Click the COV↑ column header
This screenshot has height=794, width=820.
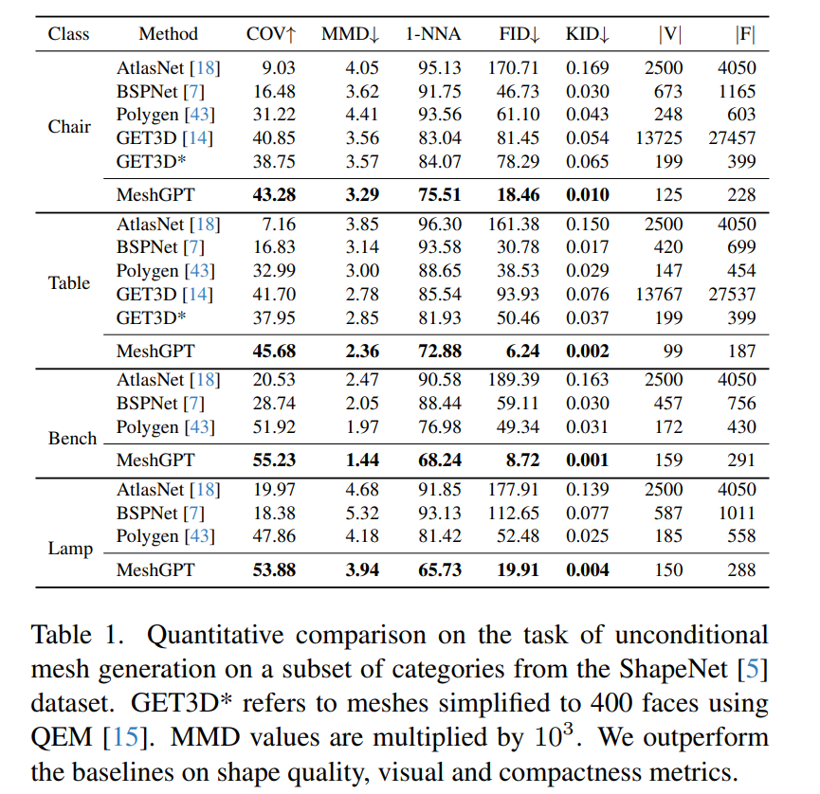click(271, 34)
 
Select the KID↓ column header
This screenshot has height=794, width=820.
click(588, 34)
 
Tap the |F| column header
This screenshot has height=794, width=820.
click(744, 34)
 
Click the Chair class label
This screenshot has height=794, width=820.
click(69, 126)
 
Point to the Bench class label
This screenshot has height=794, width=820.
click(72, 439)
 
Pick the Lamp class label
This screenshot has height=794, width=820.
click(70, 549)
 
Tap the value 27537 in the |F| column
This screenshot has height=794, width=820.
click(732, 294)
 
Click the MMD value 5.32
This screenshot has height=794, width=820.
click(350, 513)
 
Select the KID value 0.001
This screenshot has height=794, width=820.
click(588, 460)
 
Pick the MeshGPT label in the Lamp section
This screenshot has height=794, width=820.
click(155, 570)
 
